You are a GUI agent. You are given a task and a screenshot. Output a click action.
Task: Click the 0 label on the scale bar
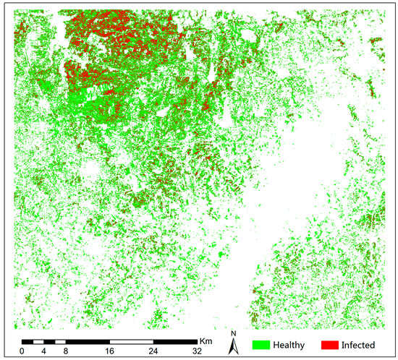click(x=22, y=351)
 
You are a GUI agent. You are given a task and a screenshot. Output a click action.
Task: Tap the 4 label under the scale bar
click(x=43, y=351)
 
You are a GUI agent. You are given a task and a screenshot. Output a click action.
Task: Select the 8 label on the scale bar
click(x=66, y=351)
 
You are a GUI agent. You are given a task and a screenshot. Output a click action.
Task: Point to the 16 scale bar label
click(x=110, y=351)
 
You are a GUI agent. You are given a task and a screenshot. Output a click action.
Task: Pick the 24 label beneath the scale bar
click(x=153, y=351)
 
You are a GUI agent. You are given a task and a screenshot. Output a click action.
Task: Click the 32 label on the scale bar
click(x=197, y=351)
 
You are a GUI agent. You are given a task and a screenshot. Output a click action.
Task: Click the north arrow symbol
click(x=234, y=347)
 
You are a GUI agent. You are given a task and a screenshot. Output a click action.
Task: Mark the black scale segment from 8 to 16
click(x=88, y=340)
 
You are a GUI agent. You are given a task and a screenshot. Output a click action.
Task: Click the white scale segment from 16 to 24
click(x=132, y=340)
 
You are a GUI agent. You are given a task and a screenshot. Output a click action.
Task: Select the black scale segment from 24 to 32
click(x=175, y=340)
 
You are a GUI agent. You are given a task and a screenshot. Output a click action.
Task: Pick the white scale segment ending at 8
click(x=60, y=340)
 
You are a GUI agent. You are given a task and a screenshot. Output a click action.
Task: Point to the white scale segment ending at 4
click(x=38, y=340)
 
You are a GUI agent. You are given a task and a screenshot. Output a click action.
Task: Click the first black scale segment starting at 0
click(x=27, y=340)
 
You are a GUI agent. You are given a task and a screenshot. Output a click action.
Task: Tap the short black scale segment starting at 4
click(x=49, y=340)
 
